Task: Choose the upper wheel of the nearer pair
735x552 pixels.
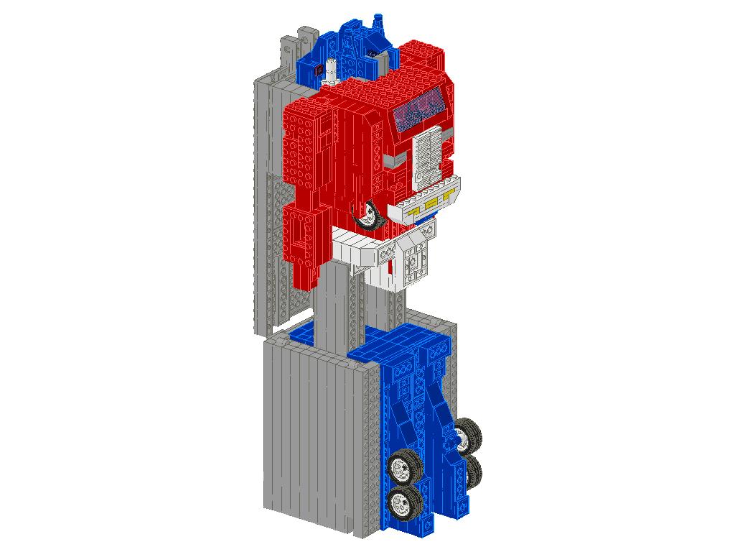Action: coord(406,466)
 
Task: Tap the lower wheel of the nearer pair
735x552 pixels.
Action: coord(403,503)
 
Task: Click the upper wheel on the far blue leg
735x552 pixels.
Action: coord(468,433)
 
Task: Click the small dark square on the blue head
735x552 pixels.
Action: coord(317,69)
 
